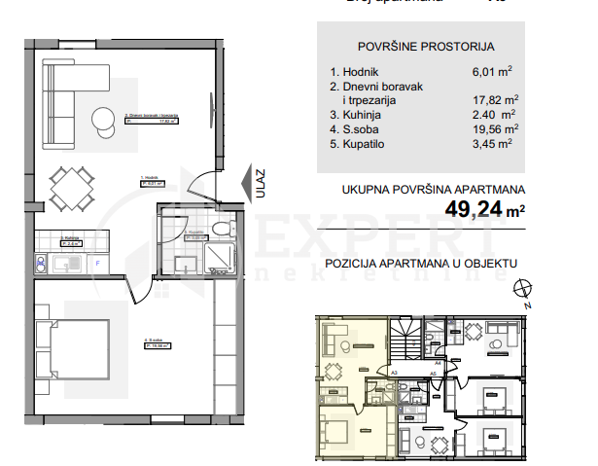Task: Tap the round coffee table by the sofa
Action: point(104,119)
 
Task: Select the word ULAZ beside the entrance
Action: point(262,185)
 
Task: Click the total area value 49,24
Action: point(477,207)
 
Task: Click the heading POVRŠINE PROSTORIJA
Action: point(425,46)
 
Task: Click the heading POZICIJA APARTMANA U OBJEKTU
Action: point(421,263)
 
